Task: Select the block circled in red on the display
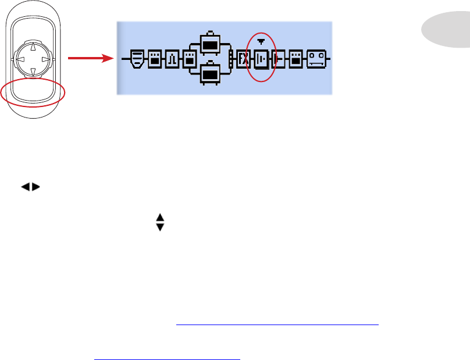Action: [261, 59]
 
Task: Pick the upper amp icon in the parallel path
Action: [209, 43]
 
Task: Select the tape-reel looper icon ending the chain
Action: [316, 59]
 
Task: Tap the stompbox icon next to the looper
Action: [296, 59]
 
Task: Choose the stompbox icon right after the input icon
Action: [156, 59]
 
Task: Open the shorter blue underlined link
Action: [166, 356]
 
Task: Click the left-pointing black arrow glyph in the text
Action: [26, 187]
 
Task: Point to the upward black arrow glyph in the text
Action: [161, 217]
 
